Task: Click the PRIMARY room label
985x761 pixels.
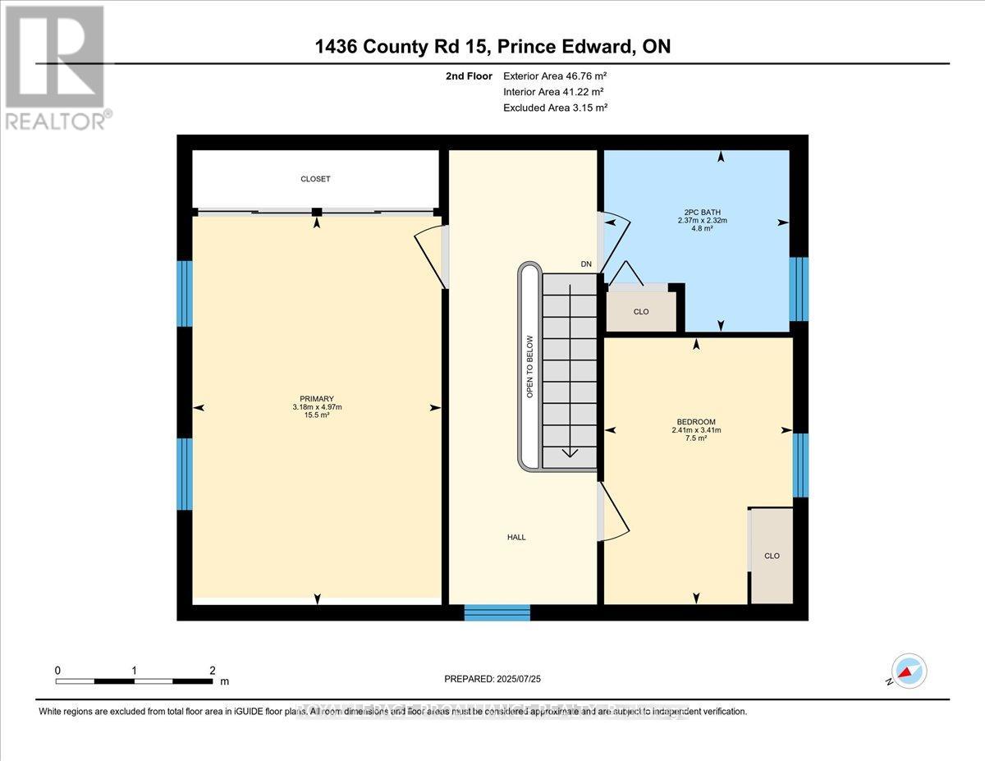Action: (316, 399)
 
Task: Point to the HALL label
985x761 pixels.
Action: (515, 538)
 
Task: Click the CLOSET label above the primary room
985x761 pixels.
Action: (315, 179)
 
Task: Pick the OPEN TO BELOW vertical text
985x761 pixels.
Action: (530, 367)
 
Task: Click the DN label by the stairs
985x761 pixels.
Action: (586, 264)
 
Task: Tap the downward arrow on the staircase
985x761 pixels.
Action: (569, 452)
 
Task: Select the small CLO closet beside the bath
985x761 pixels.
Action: (641, 312)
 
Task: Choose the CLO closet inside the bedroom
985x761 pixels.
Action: (772, 556)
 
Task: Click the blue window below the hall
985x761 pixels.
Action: (497, 612)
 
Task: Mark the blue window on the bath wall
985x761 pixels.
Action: (799, 288)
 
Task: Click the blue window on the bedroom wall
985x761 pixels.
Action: (800, 465)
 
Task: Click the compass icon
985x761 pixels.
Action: (908, 672)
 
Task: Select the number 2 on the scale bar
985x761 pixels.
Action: (213, 670)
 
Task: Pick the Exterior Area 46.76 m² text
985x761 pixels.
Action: (554, 76)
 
